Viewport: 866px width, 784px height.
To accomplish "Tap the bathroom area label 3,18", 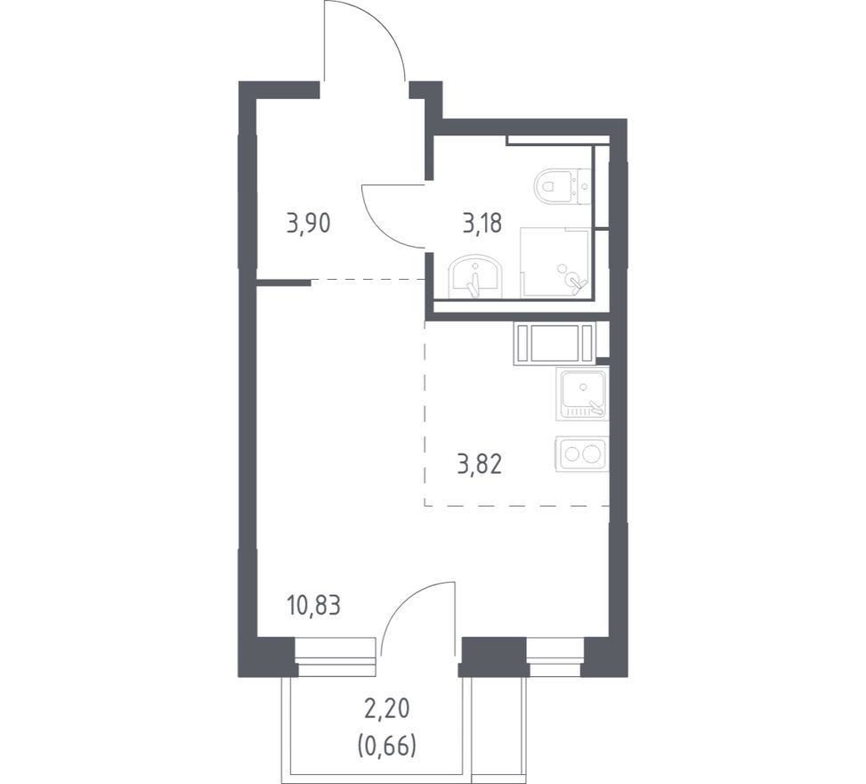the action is click(482, 224).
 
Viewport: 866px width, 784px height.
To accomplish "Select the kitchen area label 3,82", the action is click(480, 465).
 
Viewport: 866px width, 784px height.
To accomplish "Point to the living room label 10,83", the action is click(313, 606).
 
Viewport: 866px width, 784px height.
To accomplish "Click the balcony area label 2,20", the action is click(386, 709).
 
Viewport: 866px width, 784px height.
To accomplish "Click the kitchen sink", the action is click(584, 393).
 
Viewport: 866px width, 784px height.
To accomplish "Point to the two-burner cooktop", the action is click(581, 454).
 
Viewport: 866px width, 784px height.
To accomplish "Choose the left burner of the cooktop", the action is click(570, 454).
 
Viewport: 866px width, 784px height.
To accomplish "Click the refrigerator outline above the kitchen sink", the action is click(555, 345).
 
